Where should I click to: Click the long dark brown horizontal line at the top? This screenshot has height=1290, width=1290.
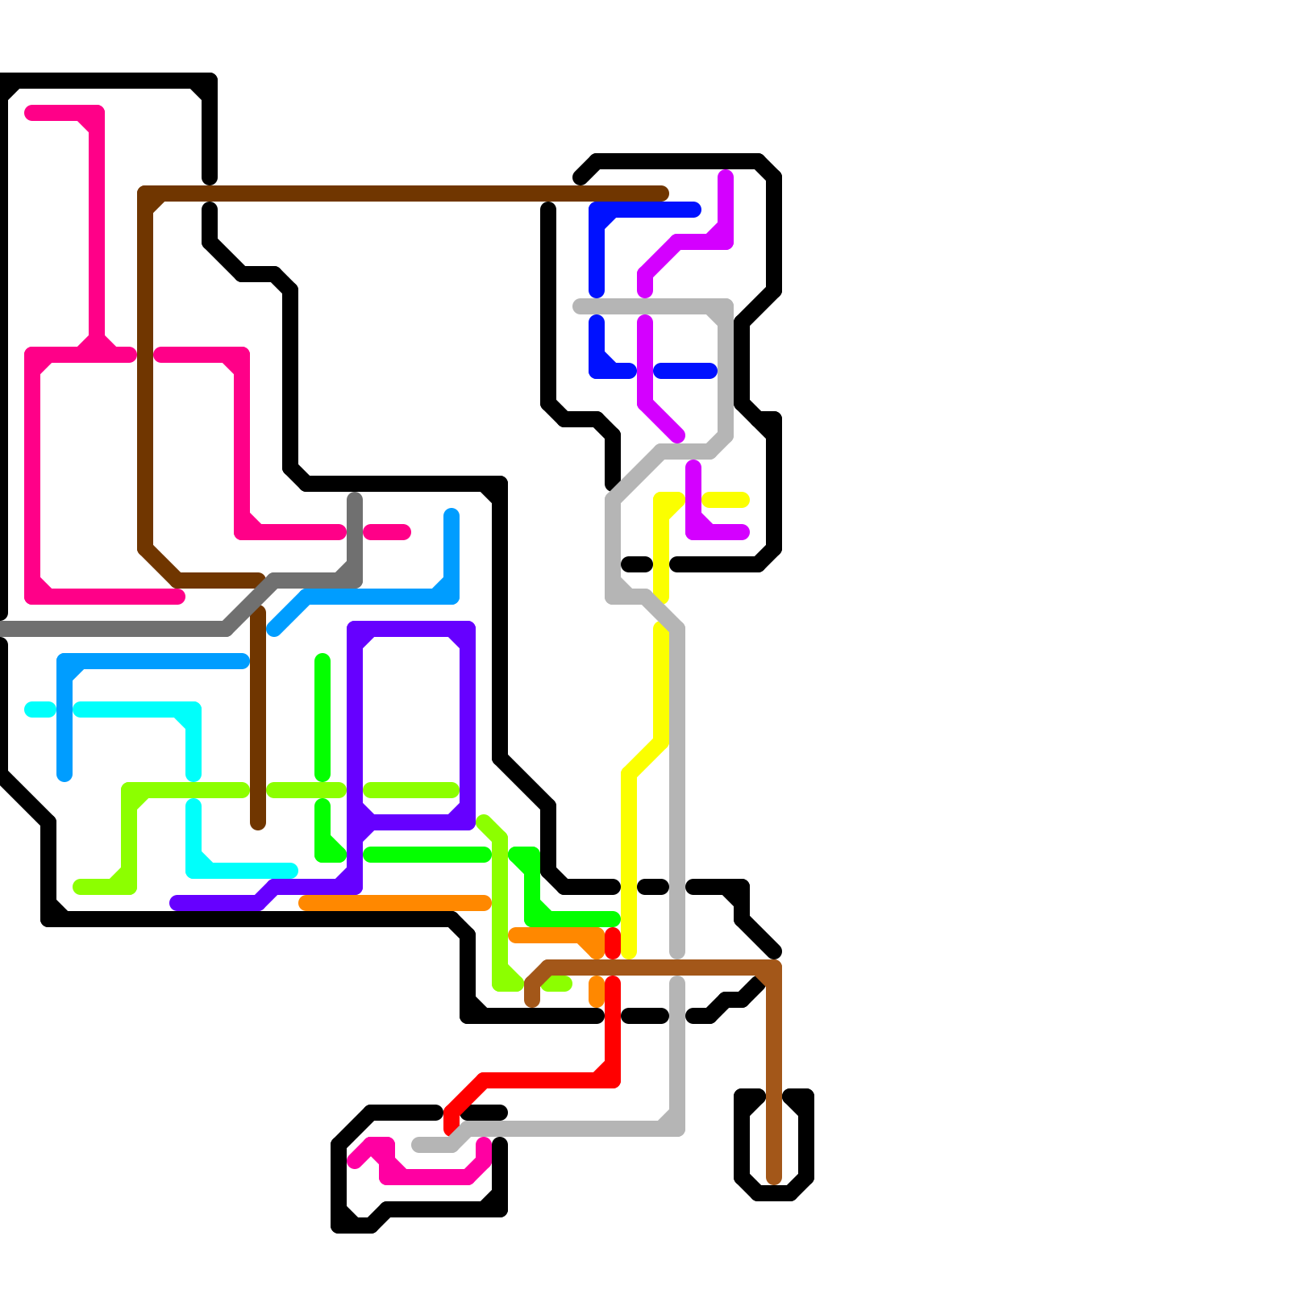(x=403, y=193)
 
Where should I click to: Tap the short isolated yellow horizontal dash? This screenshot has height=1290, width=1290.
(x=726, y=500)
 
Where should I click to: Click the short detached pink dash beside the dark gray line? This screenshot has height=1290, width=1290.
(x=387, y=532)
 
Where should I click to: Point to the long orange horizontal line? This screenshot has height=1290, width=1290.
(x=395, y=903)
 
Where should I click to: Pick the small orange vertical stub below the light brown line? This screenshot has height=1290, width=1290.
(x=597, y=992)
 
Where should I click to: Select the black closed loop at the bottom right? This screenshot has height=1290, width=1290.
(x=806, y=1145)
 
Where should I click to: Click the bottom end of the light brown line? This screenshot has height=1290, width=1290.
(x=774, y=1179)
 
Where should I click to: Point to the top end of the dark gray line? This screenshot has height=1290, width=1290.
(x=355, y=500)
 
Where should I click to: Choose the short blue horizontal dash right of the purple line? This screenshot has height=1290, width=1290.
(x=685, y=371)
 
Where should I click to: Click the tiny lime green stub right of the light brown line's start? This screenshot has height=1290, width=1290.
(x=558, y=984)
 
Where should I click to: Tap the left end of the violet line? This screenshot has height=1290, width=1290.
(x=176, y=903)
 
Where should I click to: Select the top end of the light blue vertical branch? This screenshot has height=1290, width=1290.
(x=451, y=516)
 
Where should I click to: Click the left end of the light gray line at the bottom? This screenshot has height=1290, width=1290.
(x=418, y=1145)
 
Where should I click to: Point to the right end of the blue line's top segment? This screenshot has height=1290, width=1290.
(x=695, y=210)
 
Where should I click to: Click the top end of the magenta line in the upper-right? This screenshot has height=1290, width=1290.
(x=726, y=176)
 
